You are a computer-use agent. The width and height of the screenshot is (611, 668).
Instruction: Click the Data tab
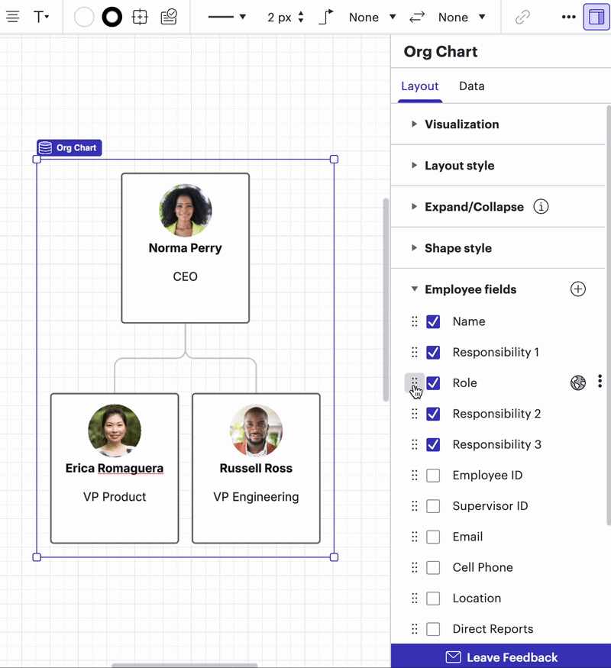pyautogui.click(x=472, y=86)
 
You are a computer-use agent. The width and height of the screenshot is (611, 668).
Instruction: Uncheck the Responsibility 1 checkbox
pyautogui.click(x=433, y=352)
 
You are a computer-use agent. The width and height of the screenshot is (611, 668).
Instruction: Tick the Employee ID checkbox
pyautogui.click(x=433, y=476)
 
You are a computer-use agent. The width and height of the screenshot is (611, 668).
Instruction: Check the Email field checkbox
pyautogui.click(x=433, y=537)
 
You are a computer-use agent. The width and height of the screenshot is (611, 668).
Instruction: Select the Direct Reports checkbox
pyautogui.click(x=433, y=629)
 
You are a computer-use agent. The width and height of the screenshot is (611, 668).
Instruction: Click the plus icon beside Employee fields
pyautogui.click(x=577, y=289)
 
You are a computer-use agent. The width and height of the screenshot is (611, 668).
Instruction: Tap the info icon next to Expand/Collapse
pyautogui.click(x=541, y=207)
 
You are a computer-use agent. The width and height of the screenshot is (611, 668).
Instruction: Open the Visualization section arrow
pyautogui.click(x=414, y=124)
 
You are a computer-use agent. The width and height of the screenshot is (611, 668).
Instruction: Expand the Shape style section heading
pyautogui.click(x=458, y=248)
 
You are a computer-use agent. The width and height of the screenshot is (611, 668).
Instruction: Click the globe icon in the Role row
pyautogui.click(x=577, y=382)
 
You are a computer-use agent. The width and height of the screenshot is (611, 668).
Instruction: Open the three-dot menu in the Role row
pyautogui.click(x=600, y=381)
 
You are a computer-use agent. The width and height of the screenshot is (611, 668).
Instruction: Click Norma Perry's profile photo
pyautogui.click(x=186, y=211)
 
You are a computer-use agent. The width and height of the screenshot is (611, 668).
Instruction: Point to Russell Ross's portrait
pyautogui.click(x=256, y=431)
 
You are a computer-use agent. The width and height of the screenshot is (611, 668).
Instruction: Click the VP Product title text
pyautogui.click(x=115, y=497)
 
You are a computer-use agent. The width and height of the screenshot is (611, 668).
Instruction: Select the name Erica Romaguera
pyautogui.click(x=115, y=468)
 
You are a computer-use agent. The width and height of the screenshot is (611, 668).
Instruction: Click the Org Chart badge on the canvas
pyautogui.click(x=69, y=148)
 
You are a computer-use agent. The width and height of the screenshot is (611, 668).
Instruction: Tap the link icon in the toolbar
pyautogui.click(x=522, y=17)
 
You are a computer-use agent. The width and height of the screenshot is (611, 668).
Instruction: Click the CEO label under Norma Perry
pyautogui.click(x=186, y=276)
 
